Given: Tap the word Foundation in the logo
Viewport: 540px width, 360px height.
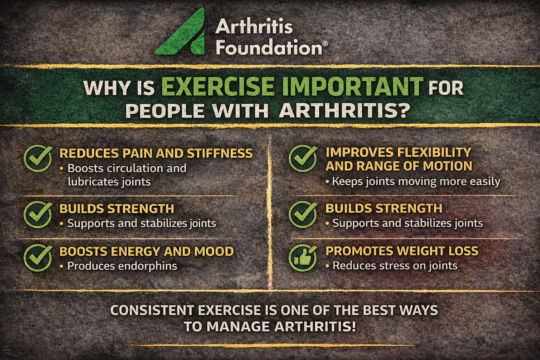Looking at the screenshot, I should [269, 47].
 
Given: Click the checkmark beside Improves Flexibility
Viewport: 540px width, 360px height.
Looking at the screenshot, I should [303, 158].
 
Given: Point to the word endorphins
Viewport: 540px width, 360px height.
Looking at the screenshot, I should [147, 266].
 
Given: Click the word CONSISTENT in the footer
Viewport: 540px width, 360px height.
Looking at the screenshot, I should [152, 310].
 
